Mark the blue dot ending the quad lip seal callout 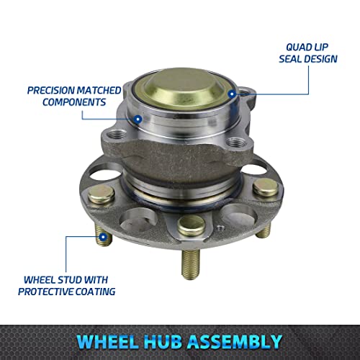[x=231, y=94]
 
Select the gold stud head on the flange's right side [x=262, y=188]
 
